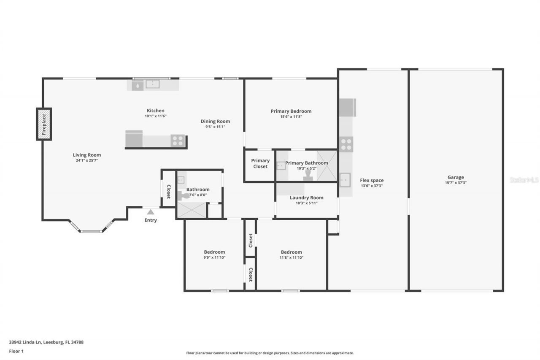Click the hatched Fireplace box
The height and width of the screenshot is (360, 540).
pyautogui.click(x=44, y=124)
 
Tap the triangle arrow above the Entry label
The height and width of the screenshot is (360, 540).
pyautogui.click(x=151, y=212)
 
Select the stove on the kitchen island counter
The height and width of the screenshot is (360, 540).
pyautogui.click(x=178, y=141)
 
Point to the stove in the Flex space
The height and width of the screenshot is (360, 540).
pyautogui.click(x=346, y=144)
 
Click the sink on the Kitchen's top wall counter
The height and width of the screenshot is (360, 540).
pyautogui.click(x=152, y=84)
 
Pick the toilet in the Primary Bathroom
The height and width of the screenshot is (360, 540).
pyautogui.click(x=308, y=176)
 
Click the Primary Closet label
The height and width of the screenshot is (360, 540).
pyautogui.click(x=260, y=163)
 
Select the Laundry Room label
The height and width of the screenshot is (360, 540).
pyautogui.click(x=306, y=198)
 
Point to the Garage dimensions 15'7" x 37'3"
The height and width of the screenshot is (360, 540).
pyautogui.click(x=456, y=183)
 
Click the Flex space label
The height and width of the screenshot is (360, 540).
pyautogui.click(x=372, y=180)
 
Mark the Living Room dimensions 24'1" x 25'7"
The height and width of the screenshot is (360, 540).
pyautogui.click(x=87, y=160)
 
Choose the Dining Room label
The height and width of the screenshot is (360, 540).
pyautogui.click(x=215, y=121)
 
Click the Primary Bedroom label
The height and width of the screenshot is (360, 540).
pyautogui.click(x=291, y=111)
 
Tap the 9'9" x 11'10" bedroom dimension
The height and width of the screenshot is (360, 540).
pyautogui.click(x=214, y=257)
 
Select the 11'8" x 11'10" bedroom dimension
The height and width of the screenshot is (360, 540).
pyautogui.click(x=291, y=257)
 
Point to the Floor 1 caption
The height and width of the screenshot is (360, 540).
pyautogui.click(x=16, y=351)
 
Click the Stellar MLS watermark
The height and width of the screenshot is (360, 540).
pyautogui.click(x=524, y=180)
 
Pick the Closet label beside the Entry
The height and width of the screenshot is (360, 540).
pyautogui.click(x=168, y=192)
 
